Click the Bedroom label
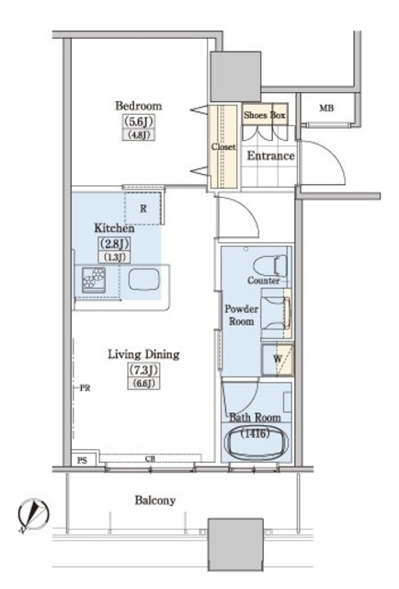click(x=139, y=106)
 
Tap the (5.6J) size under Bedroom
click(x=139, y=121)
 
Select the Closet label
click(x=223, y=146)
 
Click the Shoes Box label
click(x=265, y=115)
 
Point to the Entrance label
click(x=270, y=156)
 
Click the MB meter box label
click(x=326, y=109)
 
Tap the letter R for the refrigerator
click(x=143, y=209)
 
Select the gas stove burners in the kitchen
click(x=94, y=280)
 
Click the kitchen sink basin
click(x=143, y=280)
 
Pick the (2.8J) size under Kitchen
click(x=114, y=244)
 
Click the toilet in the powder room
click(x=270, y=266)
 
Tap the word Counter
click(x=264, y=281)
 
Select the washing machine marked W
click(x=278, y=360)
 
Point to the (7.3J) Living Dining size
click(x=143, y=370)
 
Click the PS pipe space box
click(x=83, y=459)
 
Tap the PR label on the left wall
click(x=85, y=388)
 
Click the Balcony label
click(x=155, y=501)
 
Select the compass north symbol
click(x=33, y=514)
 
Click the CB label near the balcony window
click(x=150, y=458)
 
